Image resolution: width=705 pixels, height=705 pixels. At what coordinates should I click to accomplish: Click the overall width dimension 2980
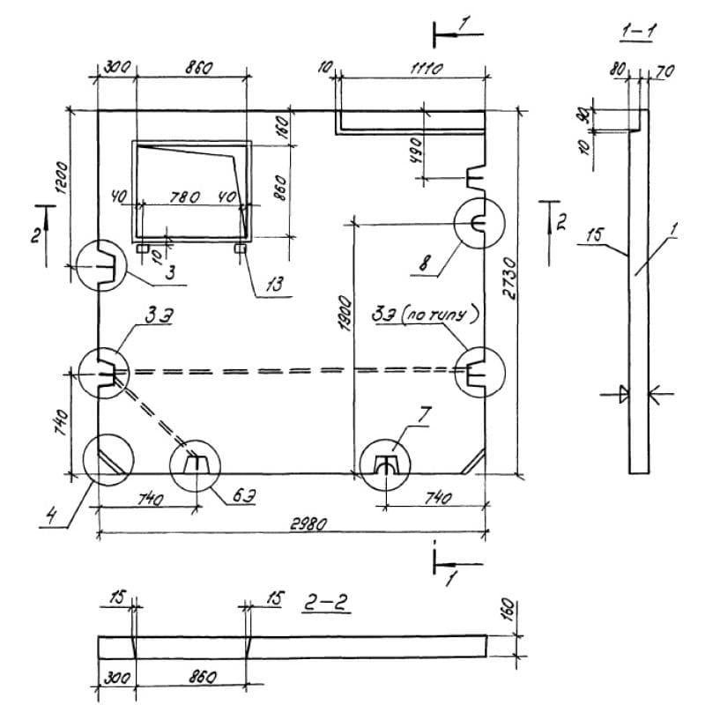tap(308, 523)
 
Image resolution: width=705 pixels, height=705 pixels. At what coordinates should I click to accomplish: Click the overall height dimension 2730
tap(510, 278)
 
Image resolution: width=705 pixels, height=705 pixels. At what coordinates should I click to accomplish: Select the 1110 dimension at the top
tap(427, 69)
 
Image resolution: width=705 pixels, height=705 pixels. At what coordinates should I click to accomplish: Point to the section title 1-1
tap(638, 31)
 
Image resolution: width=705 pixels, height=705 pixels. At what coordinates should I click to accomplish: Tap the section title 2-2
tap(326, 603)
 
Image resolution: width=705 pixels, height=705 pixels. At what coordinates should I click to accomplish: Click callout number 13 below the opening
tap(274, 285)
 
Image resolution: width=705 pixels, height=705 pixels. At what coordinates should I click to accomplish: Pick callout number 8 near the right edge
tap(425, 263)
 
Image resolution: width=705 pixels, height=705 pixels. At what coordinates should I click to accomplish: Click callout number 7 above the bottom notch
tap(424, 414)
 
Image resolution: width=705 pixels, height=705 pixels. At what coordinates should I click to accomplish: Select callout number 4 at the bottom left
tap(52, 515)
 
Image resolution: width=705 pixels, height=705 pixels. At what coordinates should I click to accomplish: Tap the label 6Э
tap(245, 496)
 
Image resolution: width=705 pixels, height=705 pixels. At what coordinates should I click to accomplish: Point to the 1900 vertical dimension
tap(345, 313)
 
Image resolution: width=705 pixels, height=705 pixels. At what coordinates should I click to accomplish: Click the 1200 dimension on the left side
tap(62, 178)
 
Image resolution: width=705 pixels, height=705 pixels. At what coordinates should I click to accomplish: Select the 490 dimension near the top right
tap(416, 151)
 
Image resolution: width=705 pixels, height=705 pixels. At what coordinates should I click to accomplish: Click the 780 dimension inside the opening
tap(185, 197)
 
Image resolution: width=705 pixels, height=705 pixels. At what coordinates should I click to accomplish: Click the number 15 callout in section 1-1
tap(596, 234)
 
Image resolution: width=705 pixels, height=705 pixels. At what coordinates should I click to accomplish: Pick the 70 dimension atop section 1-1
tap(666, 71)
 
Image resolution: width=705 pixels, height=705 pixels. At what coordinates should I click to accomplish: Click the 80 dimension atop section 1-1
tap(618, 69)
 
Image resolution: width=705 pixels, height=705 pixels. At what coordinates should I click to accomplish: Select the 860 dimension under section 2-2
tap(203, 677)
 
